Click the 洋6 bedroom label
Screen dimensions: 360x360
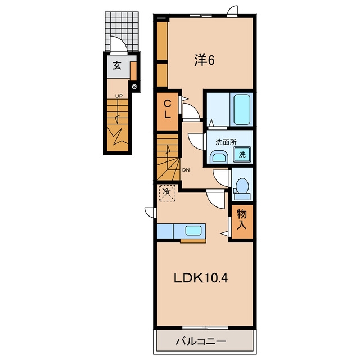(204, 60)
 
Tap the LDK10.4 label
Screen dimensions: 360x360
(201, 278)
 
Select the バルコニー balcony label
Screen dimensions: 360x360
(201, 341)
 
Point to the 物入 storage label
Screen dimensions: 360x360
(242, 219)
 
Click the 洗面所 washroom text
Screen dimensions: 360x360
(226, 142)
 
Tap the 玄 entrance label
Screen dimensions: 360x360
(116, 66)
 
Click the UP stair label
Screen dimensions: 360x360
(119, 96)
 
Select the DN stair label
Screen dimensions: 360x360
(186, 170)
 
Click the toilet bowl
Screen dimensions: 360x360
(242, 186)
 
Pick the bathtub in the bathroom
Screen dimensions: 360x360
(242, 110)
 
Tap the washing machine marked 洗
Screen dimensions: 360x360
(242, 155)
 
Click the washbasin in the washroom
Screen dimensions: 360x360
(219, 157)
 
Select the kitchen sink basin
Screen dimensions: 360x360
(193, 231)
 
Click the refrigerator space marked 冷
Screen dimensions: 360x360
(167, 193)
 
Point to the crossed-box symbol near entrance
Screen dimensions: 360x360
(134, 87)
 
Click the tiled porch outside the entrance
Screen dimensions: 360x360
(122, 31)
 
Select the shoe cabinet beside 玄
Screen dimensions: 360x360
(133, 71)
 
